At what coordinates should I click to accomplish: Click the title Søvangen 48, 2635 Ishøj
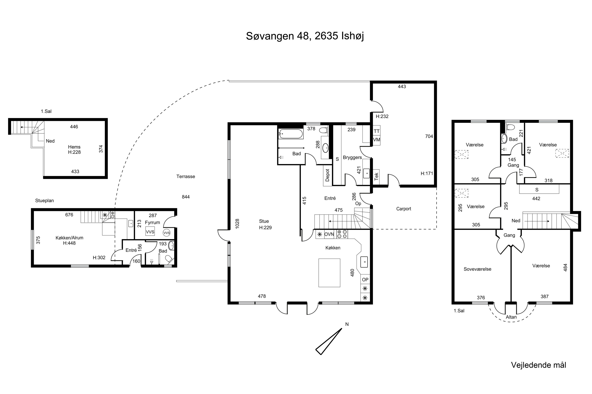(305, 36)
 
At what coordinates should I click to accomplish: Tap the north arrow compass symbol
(329, 342)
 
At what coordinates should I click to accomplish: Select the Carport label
(404, 209)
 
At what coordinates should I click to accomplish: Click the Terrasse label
(186, 176)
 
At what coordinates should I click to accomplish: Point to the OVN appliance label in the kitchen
(329, 234)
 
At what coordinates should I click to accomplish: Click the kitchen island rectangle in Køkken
(329, 273)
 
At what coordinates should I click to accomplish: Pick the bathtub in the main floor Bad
(291, 134)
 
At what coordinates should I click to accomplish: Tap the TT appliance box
(377, 131)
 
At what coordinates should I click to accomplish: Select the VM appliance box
(377, 140)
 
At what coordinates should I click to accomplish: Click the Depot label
(327, 175)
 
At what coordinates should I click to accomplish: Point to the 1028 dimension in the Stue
(237, 224)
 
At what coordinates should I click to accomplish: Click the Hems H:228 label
(74, 150)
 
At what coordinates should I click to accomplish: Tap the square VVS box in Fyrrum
(150, 232)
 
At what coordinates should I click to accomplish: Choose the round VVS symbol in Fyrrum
(167, 233)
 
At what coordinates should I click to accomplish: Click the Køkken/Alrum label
(69, 238)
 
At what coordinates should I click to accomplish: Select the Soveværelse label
(478, 269)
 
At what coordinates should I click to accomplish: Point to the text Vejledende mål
(539, 365)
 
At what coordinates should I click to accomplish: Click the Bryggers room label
(352, 158)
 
